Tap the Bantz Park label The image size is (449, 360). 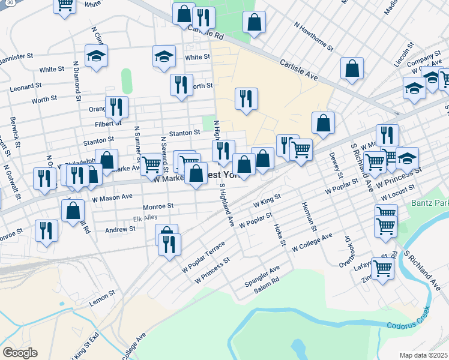click(x=430, y=203)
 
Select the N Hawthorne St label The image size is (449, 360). click(x=313, y=35)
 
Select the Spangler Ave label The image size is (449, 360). click(x=262, y=273)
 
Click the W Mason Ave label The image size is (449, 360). click(x=112, y=196)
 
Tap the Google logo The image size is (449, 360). click(x=20, y=353)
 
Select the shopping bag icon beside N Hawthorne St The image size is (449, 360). click(x=255, y=22)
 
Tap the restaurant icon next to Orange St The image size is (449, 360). click(x=116, y=106)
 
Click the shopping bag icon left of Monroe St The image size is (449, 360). click(x=73, y=210)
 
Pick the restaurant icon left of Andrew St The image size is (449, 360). click(x=46, y=231)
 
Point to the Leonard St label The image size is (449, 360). click(x=25, y=88)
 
